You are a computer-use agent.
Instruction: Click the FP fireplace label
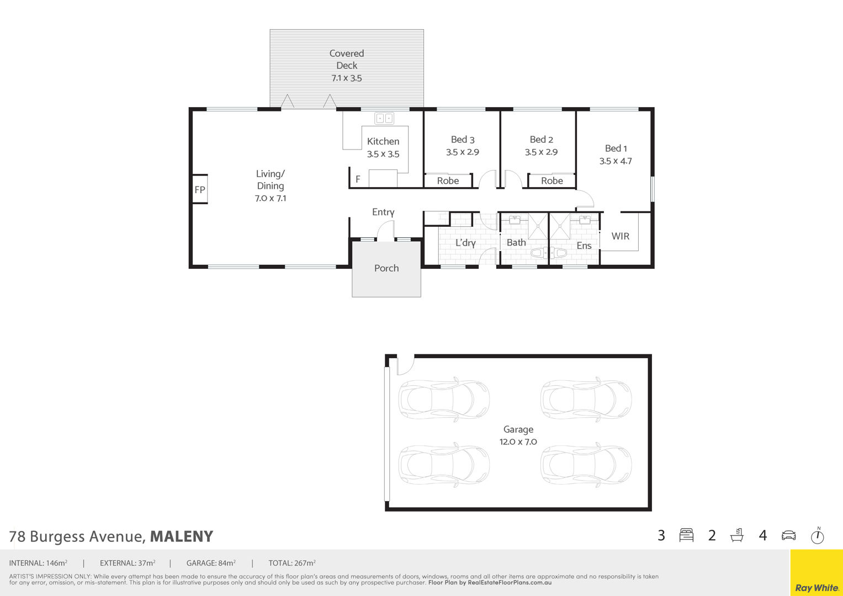pyautogui.click(x=200, y=190)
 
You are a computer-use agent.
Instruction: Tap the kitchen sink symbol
pyautogui.click(x=384, y=118)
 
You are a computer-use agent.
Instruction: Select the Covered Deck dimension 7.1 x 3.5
pyautogui.click(x=346, y=78)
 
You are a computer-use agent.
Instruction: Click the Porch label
pyautogui.click(x=386, y=268)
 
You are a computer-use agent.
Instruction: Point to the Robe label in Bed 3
pyautogui.click(x=448, y=180)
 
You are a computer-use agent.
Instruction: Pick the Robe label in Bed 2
pyautogui.click(x=552, y=180)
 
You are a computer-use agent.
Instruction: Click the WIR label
pyautogui.click(x=620, y=236)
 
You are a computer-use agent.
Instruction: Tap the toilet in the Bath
pyautogui.click(x=539, y=253)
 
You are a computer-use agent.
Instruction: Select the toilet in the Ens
pyautogui.click(x=559, y=253)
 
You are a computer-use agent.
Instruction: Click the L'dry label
pyautogui.click(x=465, y=243)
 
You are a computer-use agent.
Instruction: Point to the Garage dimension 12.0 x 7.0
pyautogui.click(x=518, y=441)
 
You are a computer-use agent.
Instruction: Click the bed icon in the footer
pyautogui.click(x=686, y=535)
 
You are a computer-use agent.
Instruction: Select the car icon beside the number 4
pyautogui.click(x=788, y=535)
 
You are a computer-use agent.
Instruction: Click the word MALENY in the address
pyautogui.click(x=182, y=536)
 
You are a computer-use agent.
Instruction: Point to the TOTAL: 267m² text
pyautogui.click(x=292, y=563)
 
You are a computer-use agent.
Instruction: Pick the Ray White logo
pyautogui.click(x=817, y=587)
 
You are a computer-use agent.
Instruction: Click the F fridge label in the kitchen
pyautogui.click(x=358, y=179)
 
